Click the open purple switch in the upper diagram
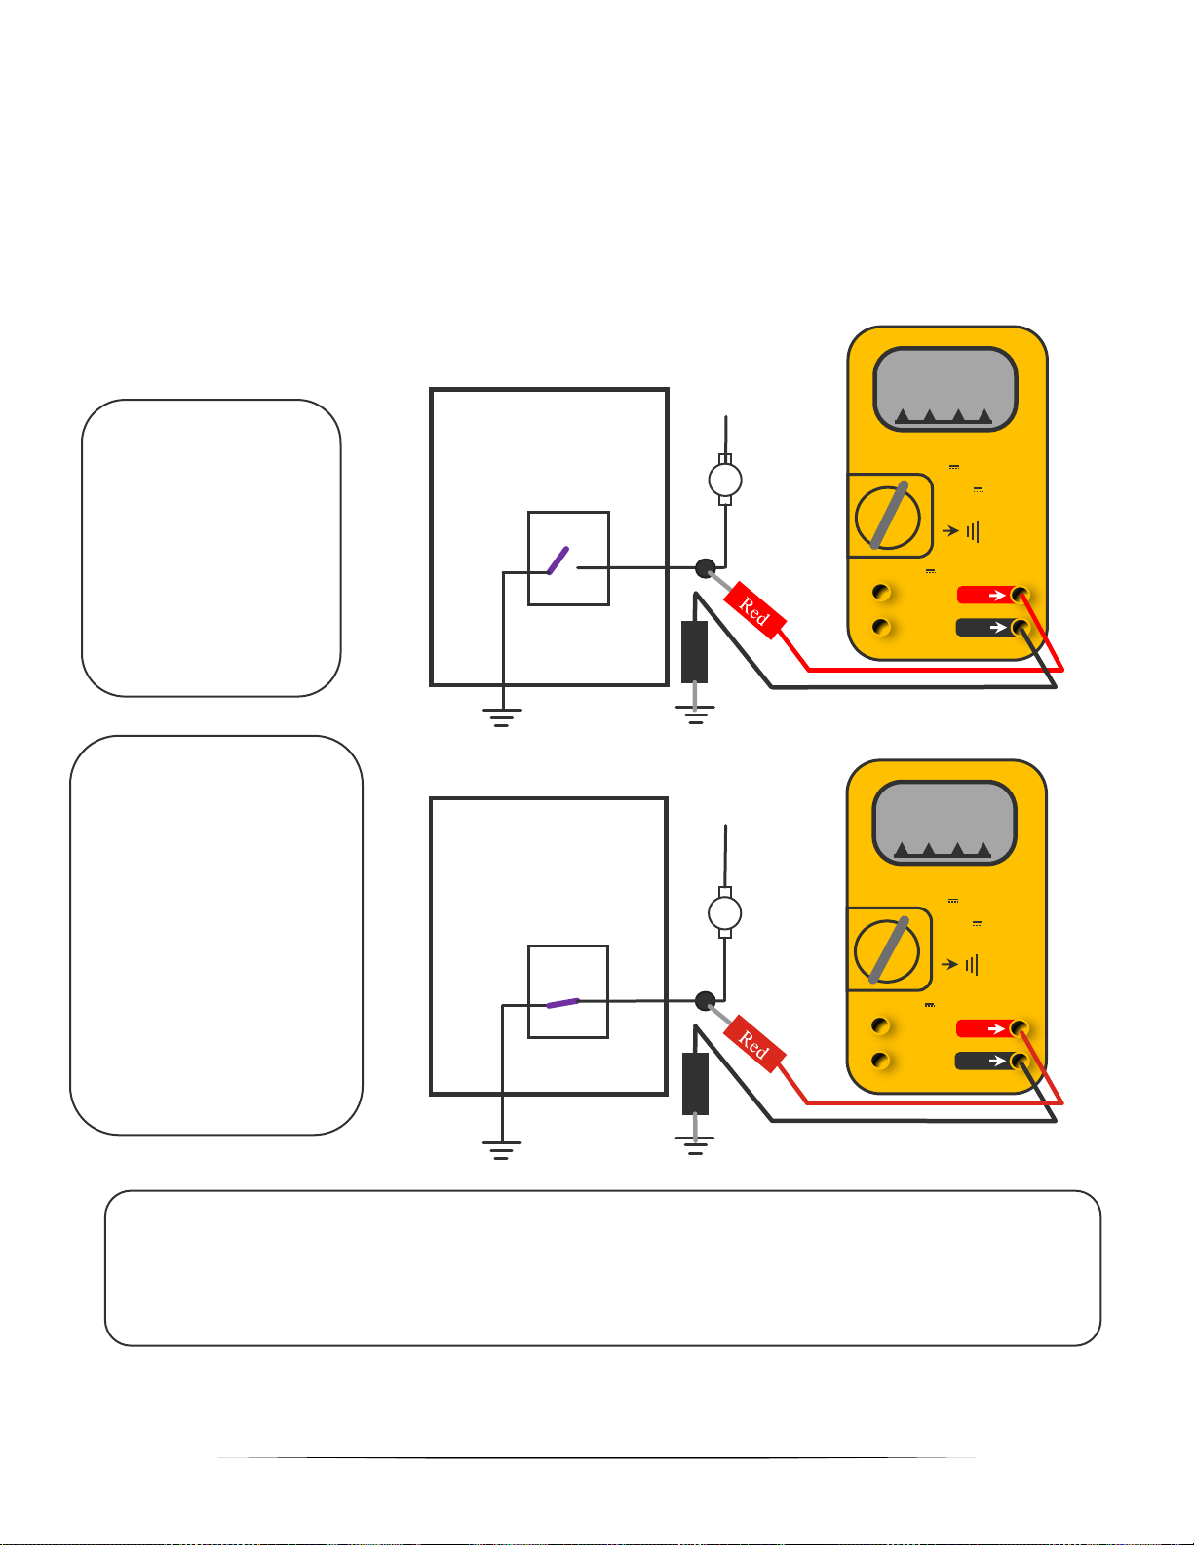tap(558, 560)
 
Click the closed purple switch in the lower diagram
tap(563, 1003)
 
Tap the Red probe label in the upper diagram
tap(754, 611)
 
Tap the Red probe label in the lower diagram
tap(754, 1044)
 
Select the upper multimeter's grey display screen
tap(945, 389)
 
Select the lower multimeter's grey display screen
tap(944, 823)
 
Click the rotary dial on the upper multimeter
tap(888, 518)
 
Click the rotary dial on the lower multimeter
tap(887, 951)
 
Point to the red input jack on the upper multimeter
tap(1020, 595)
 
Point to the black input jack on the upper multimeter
tap(1020, 627)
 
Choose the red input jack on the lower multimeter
tap(1020, 1028)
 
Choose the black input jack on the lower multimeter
tap(1020, 1061)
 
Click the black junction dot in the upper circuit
tap(705, 568)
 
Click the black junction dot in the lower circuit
tap(705, 1001)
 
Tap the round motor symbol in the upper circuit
tap(725, 480)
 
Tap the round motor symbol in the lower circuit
tap(725, 913)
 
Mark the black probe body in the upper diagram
tap(694, 652)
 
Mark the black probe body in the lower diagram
tap(695, 1084)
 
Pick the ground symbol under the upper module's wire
tap(502, 718)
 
